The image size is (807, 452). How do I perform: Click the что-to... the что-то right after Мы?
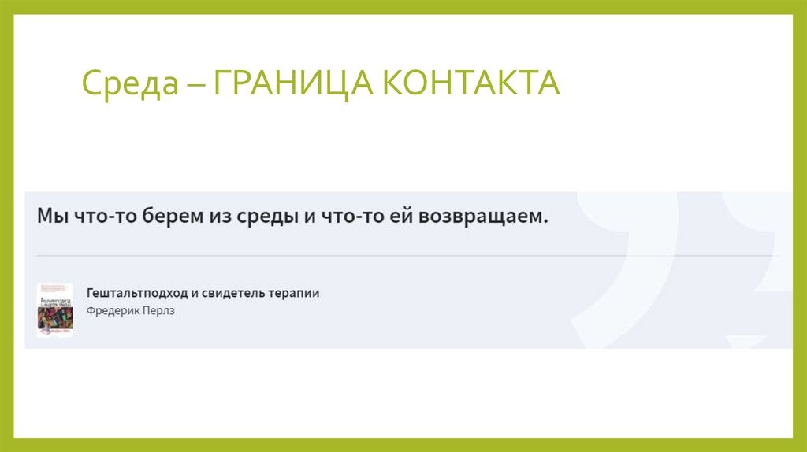(99, 216)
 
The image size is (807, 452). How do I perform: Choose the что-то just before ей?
(351, 216)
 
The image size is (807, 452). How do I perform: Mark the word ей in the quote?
(398, 216)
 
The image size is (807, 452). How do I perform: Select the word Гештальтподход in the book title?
(137, 293)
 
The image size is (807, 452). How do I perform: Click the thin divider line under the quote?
(394, 256)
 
